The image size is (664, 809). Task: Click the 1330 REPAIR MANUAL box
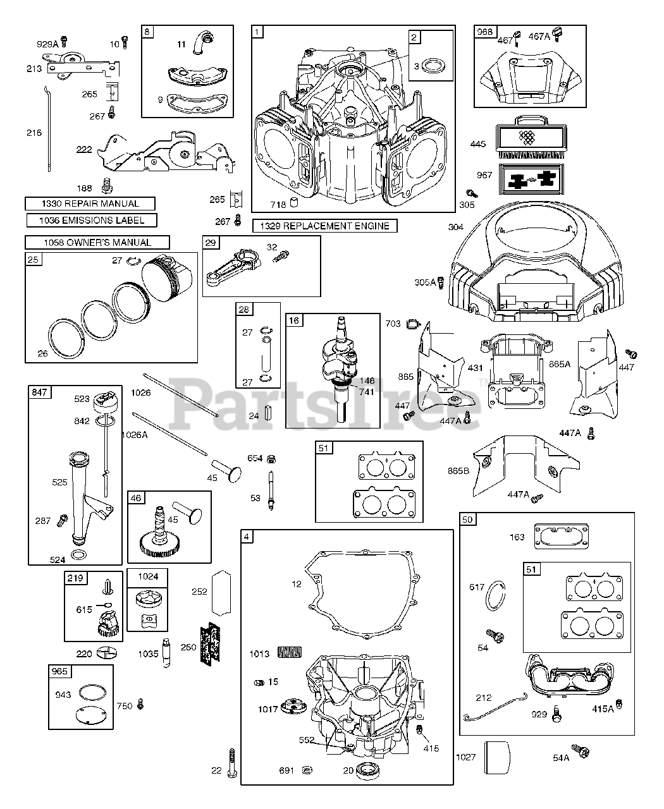(x=90, y=204)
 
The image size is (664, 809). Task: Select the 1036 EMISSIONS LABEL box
(x=92, y=220)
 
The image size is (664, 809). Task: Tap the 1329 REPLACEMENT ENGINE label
(x=324, y=226)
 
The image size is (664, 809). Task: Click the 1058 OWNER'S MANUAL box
(x=97, y=243)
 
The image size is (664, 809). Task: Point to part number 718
(x=278, y=205)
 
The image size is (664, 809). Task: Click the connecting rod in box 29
(x=233, y=267)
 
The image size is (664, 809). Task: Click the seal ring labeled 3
(x=433, y=66)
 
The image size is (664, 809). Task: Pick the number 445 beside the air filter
(x=478, y=144)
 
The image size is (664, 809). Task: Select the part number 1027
(x=465, y=757)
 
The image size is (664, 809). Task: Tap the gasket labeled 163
(x=561, y=536)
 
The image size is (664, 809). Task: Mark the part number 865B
(x=458, y=471)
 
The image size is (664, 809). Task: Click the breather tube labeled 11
(x=202, y=42)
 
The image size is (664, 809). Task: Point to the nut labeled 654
(x=271, y=458)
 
